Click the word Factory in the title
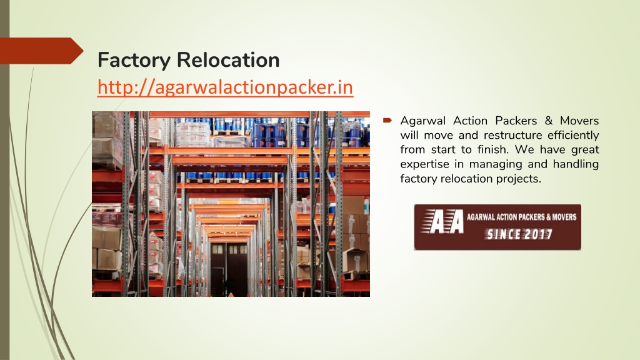coord(134,61)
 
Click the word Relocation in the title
coord(228,59)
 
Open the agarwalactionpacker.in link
coord(225,87)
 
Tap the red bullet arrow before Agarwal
coord(387,121)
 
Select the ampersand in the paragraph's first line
coord(549,121)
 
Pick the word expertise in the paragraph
coord(424,164)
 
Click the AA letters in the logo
coord(443,222)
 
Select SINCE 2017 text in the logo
coord(518,234)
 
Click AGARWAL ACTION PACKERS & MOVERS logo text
coord(522,217)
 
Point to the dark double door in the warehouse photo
coord(229,269)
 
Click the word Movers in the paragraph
coord(579,121)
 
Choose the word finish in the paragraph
coord(493,150)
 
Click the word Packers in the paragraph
coord(516,121)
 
